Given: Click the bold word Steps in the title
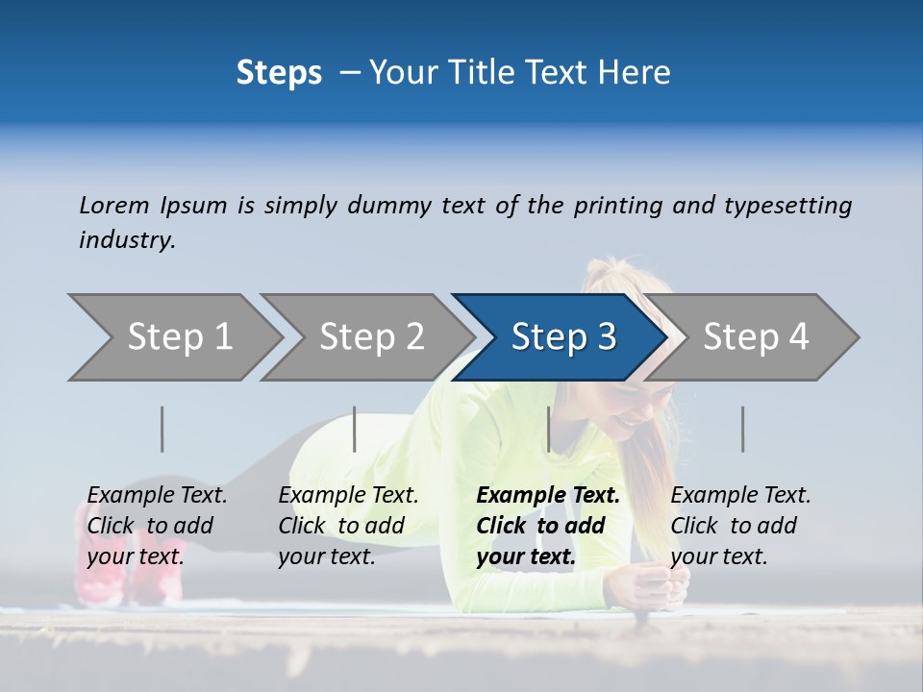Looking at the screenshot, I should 279,73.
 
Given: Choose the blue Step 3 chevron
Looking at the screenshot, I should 563,337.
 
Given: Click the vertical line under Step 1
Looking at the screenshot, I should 162,429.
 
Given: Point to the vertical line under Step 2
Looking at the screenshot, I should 355,429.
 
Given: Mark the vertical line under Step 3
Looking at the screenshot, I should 548,429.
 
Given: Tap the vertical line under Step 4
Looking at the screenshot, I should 742,429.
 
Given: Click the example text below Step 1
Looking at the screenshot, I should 157,526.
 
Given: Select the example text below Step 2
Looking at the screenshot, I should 348,526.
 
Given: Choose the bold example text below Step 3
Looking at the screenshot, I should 548,526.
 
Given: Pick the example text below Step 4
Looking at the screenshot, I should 740,526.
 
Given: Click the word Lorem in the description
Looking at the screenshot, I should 114,205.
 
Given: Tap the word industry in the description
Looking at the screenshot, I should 127,240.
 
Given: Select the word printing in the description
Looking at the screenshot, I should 618,206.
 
